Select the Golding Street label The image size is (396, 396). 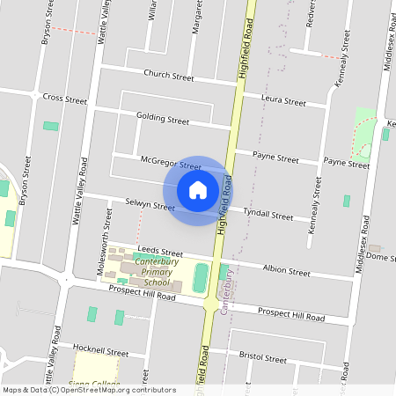pos(163,118)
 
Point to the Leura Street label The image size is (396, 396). pos(283,102)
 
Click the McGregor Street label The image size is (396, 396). pos(165,163)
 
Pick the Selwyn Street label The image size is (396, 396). pos(150,204)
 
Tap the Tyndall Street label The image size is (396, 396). pos(268,215)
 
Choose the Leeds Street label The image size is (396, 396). pos(159,253)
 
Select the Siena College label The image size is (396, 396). pos(95,385)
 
